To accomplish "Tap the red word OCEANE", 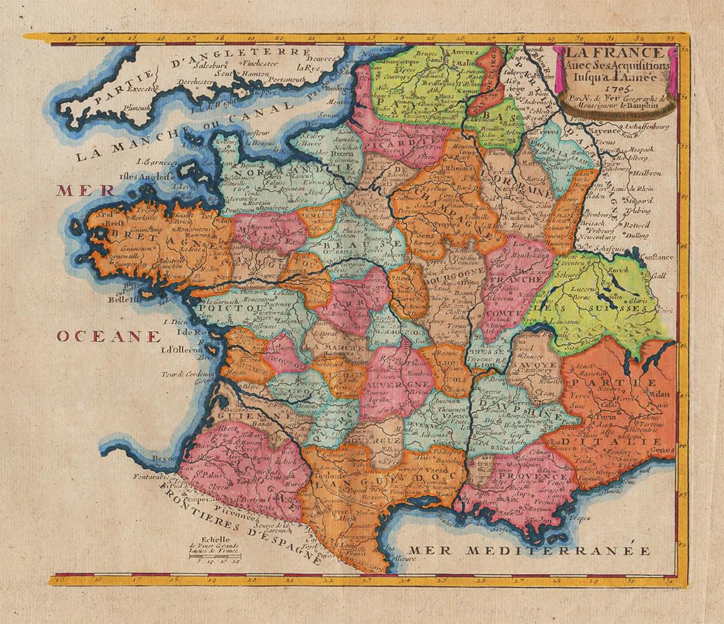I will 108,337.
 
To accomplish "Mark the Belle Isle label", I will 127,298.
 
